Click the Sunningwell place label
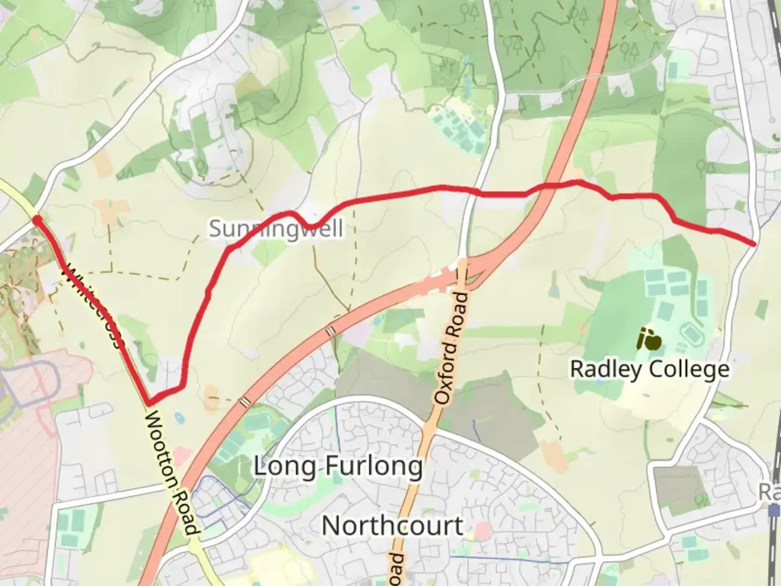click(276, 229)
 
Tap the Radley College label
click(649, 370)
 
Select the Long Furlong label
click(338, 466)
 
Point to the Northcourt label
click(393, 526)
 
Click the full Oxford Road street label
click(451, 349)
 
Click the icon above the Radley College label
click(649, 340)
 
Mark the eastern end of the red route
click(753, 244)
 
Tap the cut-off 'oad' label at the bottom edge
click(396, 570)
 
